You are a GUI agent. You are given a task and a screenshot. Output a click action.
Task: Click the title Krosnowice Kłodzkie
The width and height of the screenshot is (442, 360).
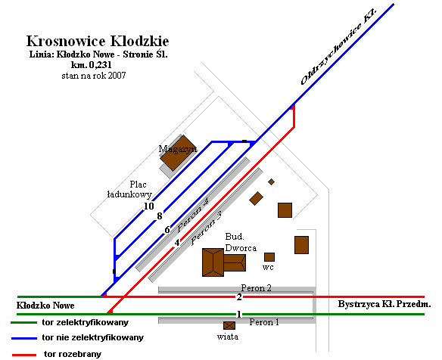pyautogui.click(x=98, y=41)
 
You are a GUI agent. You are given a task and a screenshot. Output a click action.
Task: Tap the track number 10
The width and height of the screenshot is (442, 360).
pyautogui.click(x=149, y=206)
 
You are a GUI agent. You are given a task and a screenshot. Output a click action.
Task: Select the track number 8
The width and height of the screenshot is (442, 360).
pyautogui.click(x=160, y=216)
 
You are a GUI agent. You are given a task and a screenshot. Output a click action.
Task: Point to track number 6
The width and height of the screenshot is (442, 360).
pyautogui.click(x=167, y=230)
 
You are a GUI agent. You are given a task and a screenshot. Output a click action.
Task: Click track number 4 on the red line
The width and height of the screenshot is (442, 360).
pyautogui.click(x=177, y=243)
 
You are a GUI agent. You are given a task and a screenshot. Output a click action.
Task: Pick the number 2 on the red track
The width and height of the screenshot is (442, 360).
pyautogui.click(x=239, y=297)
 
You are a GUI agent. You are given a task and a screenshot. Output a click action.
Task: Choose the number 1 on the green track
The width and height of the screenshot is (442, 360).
pyautogui.click(x=239, y=314)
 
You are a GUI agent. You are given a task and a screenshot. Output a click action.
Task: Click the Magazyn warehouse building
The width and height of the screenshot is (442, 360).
pyautogui.click(x=179, y=153)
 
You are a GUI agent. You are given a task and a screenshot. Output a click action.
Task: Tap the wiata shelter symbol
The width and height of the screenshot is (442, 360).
pyautogui.click(x=229, y=326)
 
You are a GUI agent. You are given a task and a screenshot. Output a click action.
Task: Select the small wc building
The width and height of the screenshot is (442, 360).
pyautogui.click(x=269, y=257)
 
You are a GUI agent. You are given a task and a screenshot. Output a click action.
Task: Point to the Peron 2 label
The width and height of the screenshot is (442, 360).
pyautogui.click(x=256, y=288)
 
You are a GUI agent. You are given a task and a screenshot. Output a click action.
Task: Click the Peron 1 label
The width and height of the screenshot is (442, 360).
pyautogui.click(x=264, y=322)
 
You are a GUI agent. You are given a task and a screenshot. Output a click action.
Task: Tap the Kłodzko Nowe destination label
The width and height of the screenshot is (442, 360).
pyautogui.click(x=45, y=306)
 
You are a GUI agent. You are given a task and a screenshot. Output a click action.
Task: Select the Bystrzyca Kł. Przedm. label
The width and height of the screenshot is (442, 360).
pyautogui.click(x=384, y=304)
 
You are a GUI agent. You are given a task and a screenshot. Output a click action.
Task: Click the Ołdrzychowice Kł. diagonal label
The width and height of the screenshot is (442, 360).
pyautogui.click(x=338, y=47)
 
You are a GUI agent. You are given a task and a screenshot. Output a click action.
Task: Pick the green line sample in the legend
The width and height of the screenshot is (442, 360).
pyautogui.click(x=24, y=322)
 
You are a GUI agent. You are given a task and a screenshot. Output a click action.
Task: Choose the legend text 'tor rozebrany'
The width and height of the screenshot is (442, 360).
pyautogui.click(x=73, y=354)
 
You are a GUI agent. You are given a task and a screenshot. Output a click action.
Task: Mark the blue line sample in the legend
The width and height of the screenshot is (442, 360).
pyautogui.click(x=24, y=338)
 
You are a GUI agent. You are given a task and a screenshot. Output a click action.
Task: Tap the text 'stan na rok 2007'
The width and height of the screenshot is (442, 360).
pyautogui.click(x=94, y=76)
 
